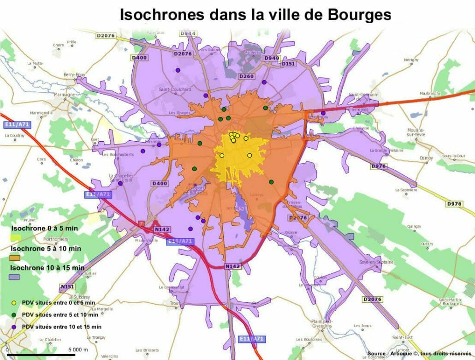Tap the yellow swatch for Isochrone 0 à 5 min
[x=16, y=237]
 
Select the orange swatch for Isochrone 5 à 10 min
[x=15, y=258]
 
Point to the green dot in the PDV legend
[x=14, y=315]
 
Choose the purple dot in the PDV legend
[x=14, y=327]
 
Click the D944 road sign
[x=188, y=34]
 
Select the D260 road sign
[x=246, y=76]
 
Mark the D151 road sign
[x=288, y=63]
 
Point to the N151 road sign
[x=67, y=287]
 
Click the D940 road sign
[x=271, y=58]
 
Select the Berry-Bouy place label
[x=74, y=74]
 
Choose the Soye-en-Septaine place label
[x=376, y=262]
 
